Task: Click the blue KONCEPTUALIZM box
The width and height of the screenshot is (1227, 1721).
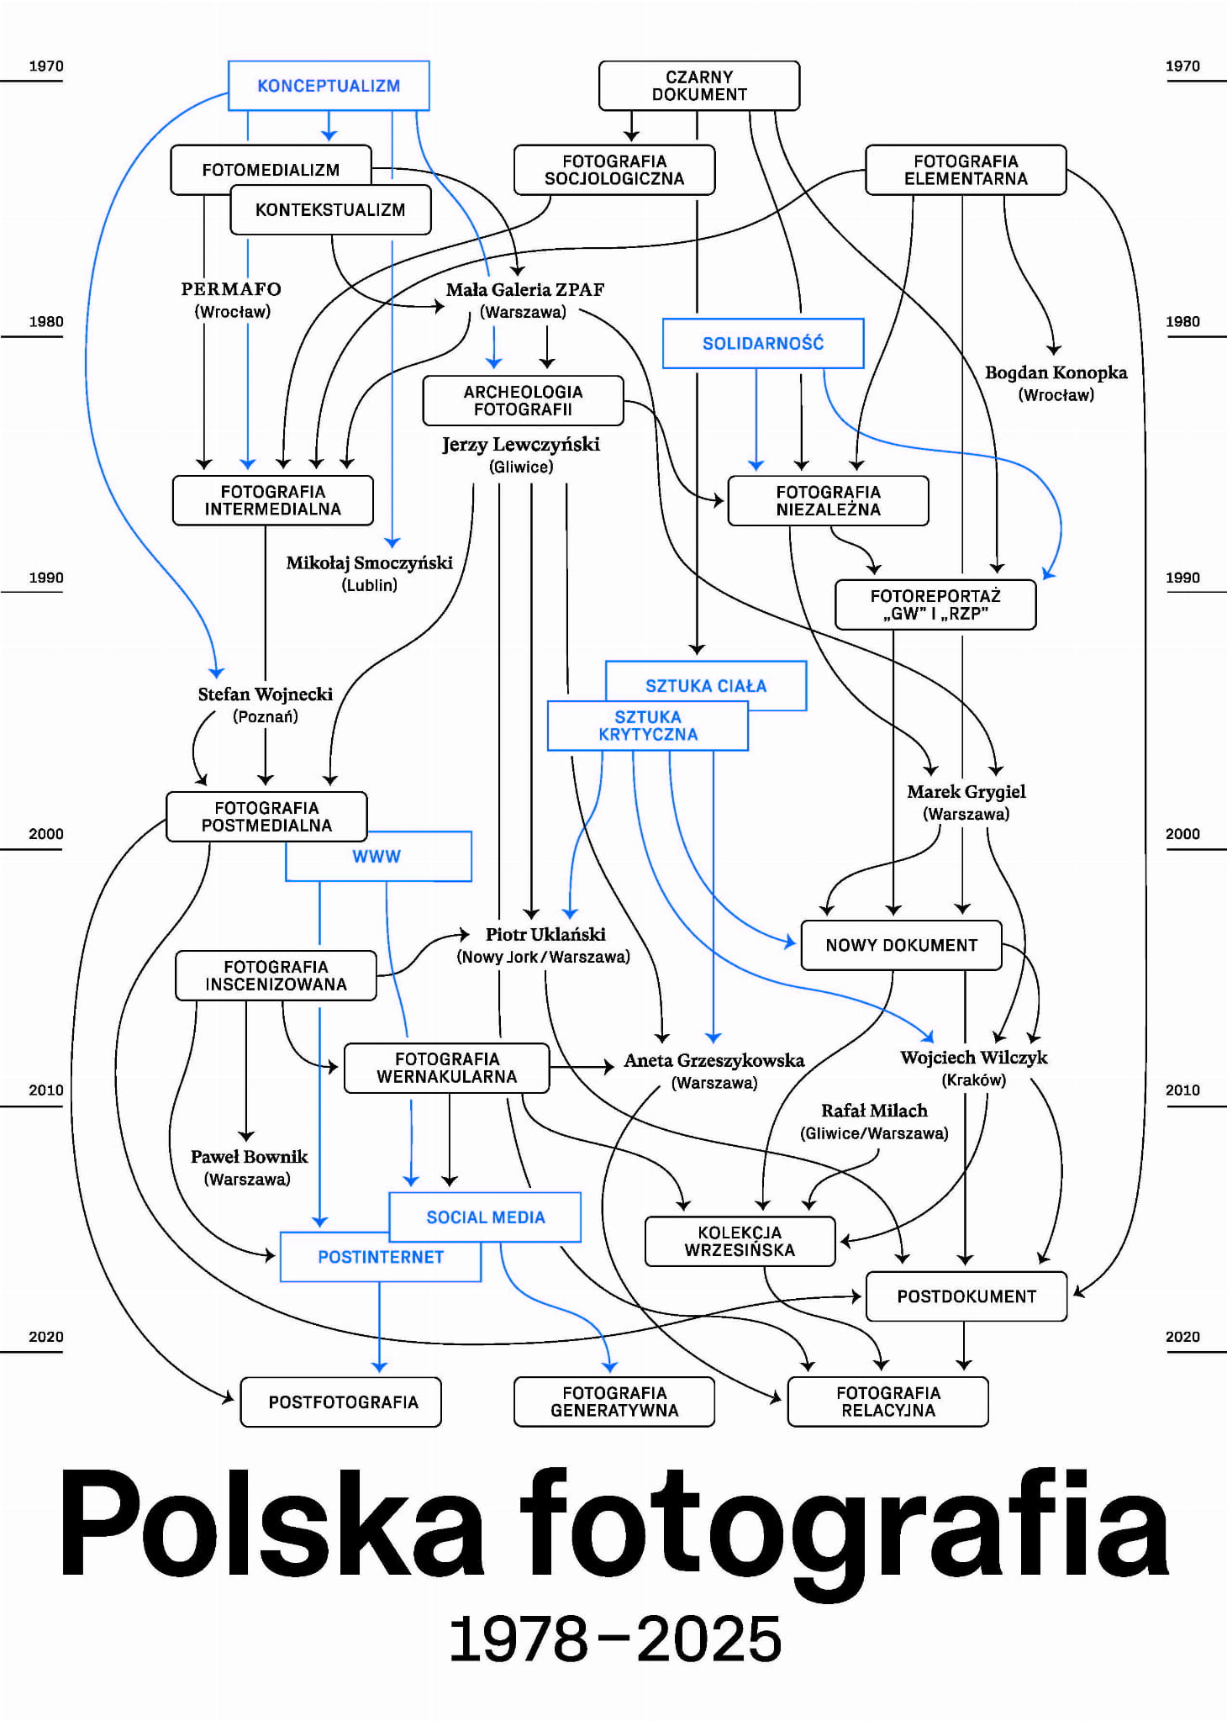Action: click(329, 86)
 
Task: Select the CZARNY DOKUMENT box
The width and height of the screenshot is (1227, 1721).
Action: click(699, 86)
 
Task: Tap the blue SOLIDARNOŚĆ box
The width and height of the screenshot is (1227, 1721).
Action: click(763, 343)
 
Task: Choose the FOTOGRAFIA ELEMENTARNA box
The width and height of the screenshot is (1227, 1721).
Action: click(966, 170)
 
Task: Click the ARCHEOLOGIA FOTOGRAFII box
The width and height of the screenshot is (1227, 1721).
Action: click(523, 400)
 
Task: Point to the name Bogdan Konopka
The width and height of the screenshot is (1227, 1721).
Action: click(1056, 372)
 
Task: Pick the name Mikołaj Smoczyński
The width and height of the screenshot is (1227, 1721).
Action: click(369, 562)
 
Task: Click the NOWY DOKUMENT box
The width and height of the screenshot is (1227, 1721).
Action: click(901, 945)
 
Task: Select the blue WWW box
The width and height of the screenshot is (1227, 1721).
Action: click(377, 857)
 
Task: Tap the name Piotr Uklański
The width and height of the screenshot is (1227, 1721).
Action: click(545, 934)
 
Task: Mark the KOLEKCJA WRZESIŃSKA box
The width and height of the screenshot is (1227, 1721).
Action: click(740, 1241)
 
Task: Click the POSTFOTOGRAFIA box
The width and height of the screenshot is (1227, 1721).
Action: click(343, 1402)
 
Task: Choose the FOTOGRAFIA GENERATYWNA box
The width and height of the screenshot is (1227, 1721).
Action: click(614, 1402)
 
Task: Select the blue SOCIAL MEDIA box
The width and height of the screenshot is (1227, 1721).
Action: click(486, 1217)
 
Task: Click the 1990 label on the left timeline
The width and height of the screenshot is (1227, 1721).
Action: click(46, 578)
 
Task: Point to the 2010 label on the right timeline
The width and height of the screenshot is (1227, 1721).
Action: click(1182, 1090)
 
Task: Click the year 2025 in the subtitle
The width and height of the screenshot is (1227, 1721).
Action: click(709, 1640)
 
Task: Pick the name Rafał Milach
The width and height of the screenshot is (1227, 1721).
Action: click(874, 1111)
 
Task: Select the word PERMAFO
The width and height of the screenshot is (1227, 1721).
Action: click(231, 289)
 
